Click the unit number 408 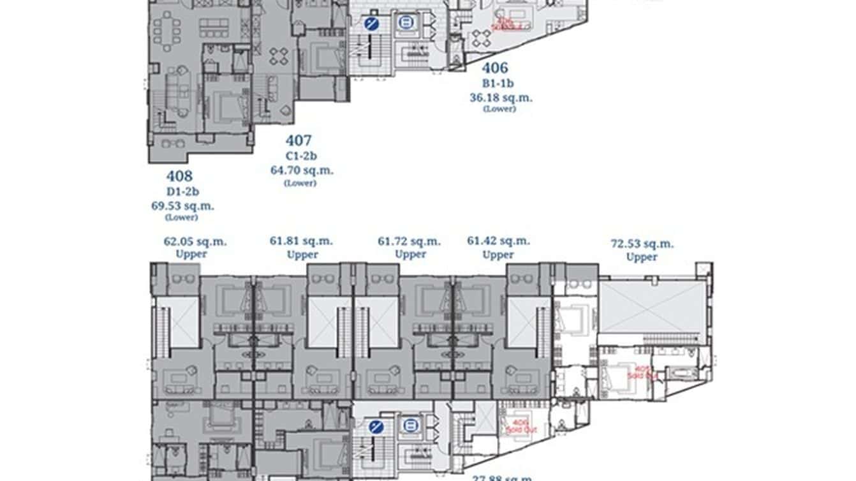(179, 176)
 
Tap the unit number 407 (299, 140)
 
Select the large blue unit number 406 (495, 68)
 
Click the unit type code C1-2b (302, 156)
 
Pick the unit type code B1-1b (498, 83)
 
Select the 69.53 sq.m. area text (182, 205)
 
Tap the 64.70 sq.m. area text (302, 170)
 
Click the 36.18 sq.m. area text (501, 98)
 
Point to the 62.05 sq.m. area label (195, 242)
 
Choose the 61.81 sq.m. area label (302, 241)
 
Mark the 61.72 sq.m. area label (410, 241)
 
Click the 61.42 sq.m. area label (498, 241)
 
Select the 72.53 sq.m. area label (642, 244)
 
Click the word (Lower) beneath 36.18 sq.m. (499, 109)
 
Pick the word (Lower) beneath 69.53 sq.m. (181, 217)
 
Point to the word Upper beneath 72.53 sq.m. (642, 257)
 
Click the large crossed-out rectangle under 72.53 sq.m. (653, 307)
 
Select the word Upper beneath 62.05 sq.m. (191, 254)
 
